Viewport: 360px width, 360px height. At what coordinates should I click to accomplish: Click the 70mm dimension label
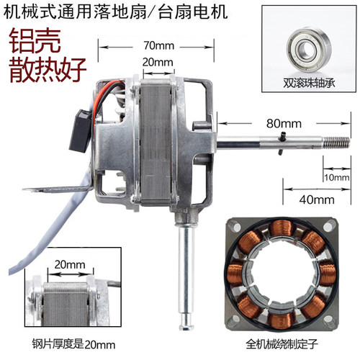click(x=159, y=45)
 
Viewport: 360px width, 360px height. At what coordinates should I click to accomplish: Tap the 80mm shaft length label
click(x=284, y=124)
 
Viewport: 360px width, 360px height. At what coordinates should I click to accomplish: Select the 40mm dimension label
click(x=317, y=199)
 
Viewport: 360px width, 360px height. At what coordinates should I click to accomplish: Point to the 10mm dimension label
click(x=337, y=178)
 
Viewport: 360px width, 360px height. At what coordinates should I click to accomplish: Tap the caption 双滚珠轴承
click(x=309, y=83)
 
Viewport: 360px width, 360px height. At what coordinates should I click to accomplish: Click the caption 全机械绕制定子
click(x=282, y=344)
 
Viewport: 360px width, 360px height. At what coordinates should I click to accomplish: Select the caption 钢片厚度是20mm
click(x=73, y=344)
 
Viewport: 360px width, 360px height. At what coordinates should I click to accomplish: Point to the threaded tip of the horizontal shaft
click(x=337, y=143)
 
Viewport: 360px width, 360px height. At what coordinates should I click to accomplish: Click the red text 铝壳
click(x=35, y=40)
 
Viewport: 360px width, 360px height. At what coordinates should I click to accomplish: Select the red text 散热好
click(x=48, y=70)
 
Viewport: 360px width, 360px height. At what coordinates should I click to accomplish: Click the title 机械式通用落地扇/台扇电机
click(x=116, y=12)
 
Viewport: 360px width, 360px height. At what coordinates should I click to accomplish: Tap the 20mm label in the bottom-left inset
click(x=70, y=265)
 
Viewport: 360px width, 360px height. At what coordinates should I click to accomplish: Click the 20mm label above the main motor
click(x=158, y=62)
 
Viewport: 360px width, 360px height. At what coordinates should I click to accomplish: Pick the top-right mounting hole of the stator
click(x=328, y=227)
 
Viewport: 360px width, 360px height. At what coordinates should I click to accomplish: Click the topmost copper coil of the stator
click(x=282, y=228)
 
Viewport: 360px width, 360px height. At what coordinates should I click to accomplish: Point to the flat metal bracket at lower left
click(x=58, y=189)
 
